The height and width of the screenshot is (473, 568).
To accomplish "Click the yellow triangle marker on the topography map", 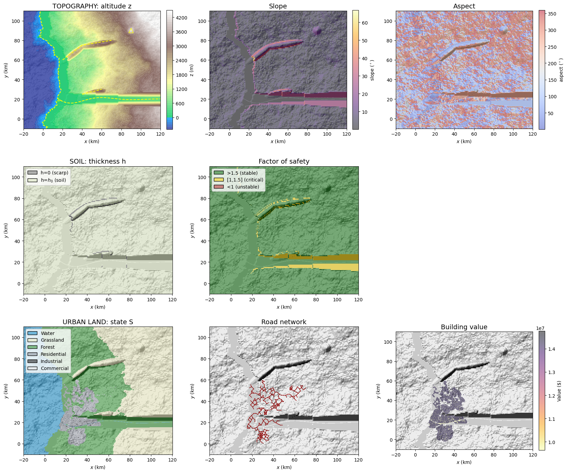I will [x=131, y=31].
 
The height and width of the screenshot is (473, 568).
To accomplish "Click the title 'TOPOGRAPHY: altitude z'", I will [x=92, y=6].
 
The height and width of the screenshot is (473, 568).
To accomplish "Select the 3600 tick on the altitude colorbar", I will [x=181, y=32].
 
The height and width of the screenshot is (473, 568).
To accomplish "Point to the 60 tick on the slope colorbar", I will [x=365, y=23].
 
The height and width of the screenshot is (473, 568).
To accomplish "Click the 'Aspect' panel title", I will [x=464, y=6].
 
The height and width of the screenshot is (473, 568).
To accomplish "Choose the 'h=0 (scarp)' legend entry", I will [x=54, y=173].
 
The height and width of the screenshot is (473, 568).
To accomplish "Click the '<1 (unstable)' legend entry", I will [x=243, y=187].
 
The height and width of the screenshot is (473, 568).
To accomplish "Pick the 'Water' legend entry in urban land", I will [x=47, y=333].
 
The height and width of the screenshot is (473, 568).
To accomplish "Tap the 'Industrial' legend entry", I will [x=51, y=361].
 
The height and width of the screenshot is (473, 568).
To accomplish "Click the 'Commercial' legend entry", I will [x=54, y=368].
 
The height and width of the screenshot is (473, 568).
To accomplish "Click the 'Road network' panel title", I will [x=284, y=322].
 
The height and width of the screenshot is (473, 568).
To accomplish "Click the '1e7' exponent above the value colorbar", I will [x=540, y=328].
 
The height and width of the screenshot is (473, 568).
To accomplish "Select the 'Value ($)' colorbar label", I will [x=559, y=391].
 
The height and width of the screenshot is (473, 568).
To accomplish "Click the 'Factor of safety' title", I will [x=284, y=161].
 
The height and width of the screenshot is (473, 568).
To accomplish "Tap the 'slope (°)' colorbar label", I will [x=372, y=70].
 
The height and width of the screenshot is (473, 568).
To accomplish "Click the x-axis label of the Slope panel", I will [x=278, y=141].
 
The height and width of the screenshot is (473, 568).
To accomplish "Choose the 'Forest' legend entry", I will [x=47, y=347].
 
